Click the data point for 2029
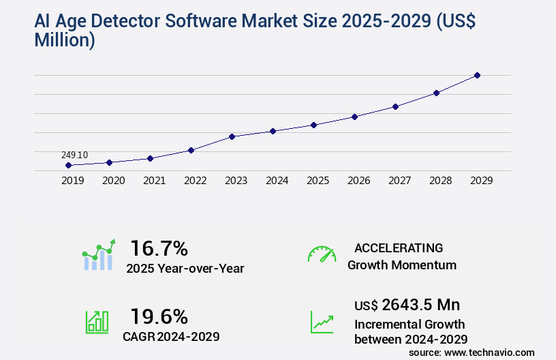click(477, 75)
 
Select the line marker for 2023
click(232, 136)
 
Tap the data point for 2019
click(68, 165)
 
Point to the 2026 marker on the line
click(354, 117)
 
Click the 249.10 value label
click(74, 155)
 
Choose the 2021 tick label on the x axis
click(154, 181)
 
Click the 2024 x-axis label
click(277, 181)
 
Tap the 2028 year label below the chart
click(440, 181)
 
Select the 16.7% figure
click(159, 247)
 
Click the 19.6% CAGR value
click(159, 316)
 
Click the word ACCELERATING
click(399, 248)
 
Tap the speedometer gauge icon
click(322, 254)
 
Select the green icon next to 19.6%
click(97, 322)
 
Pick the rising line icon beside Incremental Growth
click(322, 322)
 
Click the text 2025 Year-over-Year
click(185, 269)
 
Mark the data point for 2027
click(395, 106)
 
